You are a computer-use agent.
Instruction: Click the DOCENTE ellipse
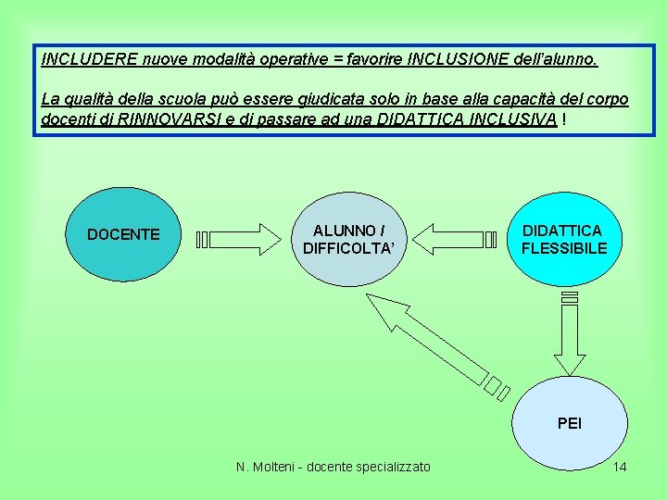pyautogui.click(x=123, y=234)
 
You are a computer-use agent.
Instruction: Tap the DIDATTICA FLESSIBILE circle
pyautogui.click(x=564, y=239)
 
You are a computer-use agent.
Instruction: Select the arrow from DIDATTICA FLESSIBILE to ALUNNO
pyautogui.click(x=454, y=240)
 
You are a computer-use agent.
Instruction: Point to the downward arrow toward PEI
pyautogui.click(x=568, y=333)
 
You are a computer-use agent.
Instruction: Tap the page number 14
pyautogui.click(x=620, y=467)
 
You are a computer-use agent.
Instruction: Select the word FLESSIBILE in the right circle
pyautogui.click(x=564, y=248)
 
